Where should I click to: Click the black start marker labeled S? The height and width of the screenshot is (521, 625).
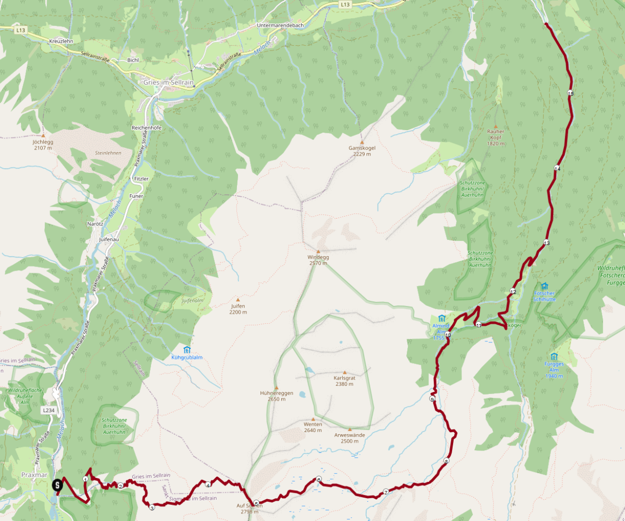point(57,485)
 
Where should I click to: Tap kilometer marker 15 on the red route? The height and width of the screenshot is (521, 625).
point(570,93)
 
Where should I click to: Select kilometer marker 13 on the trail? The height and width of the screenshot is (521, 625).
point(546,243)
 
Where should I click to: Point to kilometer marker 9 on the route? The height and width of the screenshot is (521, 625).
point(432,399)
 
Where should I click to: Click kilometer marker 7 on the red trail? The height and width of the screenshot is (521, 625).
point(386,492)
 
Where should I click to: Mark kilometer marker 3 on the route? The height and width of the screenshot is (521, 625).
point(152,507)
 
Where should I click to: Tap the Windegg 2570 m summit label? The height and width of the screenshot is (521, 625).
point(318,260)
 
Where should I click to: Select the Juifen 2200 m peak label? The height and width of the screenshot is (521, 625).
point(238,309)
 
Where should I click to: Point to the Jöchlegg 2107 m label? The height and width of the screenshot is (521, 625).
point(43,145)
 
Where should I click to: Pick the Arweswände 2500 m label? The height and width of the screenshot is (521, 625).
point(349,438)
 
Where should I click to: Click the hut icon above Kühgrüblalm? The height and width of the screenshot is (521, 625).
point(187,350)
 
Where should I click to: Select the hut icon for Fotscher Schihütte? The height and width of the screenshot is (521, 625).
point(545,286)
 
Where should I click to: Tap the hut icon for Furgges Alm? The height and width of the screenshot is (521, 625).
point(554,357)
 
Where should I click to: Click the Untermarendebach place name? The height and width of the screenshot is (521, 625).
point(280,25)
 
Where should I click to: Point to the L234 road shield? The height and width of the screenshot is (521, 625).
point(48,410)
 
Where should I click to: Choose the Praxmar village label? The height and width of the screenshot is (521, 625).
point(34,475)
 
